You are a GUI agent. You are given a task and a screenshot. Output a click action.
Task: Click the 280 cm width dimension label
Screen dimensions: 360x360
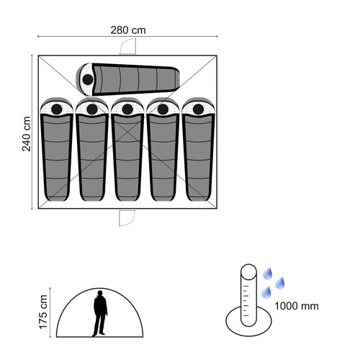click(x=128, y=30)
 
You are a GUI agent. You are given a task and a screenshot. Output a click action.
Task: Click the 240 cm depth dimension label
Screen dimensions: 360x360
click(x=27, y=134)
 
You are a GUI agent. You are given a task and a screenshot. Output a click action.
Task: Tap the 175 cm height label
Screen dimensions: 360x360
click(x=43, y=312)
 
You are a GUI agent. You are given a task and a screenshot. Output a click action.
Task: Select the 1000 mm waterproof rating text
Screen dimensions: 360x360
click(x=297, y=306)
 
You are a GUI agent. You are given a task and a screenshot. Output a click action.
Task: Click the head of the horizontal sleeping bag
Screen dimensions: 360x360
click(x=88, y=79)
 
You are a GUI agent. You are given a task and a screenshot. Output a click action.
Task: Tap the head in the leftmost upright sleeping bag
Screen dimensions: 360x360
click(x=57, y=109)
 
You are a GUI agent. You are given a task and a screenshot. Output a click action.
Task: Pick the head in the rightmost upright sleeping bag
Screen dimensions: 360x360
click(x=198, y=109)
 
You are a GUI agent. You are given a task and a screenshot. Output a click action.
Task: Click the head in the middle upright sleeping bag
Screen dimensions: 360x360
click(x=127, y=109)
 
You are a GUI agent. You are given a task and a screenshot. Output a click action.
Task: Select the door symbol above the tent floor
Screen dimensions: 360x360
click(x=128, y=46)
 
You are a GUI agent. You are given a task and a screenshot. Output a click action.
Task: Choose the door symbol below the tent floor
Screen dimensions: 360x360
click(x=127, y=218)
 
